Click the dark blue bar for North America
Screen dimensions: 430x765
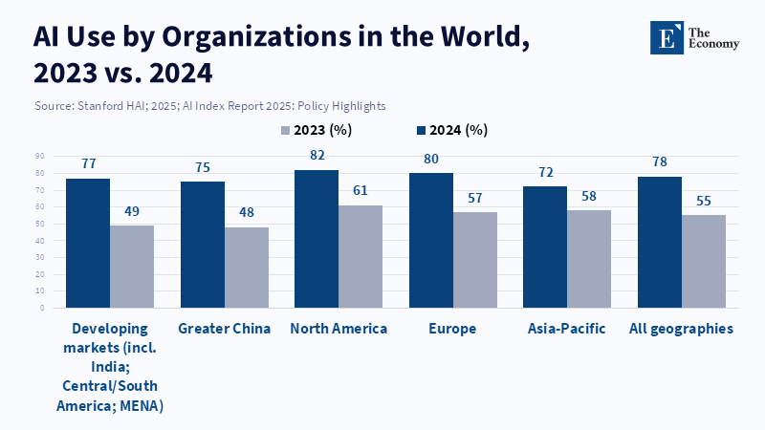[x=316, y=239]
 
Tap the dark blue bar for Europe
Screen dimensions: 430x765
[x=430, y=240]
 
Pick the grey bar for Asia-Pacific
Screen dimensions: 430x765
[x=589, y=259]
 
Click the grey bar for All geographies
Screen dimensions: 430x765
[x=704, y=261]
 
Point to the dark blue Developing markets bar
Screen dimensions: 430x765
[x=88, y=243]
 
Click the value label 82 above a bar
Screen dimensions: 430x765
[x=317, y=155]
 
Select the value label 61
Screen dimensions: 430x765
[x=361, y=190]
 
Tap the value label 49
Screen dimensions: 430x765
[x=132, y=210]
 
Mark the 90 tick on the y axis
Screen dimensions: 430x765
[x=40, y=156]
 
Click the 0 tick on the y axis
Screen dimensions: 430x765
[x=42, y=308]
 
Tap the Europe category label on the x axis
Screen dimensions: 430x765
[x=453, y=329]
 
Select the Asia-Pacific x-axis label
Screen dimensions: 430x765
[x=566, y=329]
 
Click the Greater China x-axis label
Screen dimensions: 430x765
[x=225, y=329]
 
